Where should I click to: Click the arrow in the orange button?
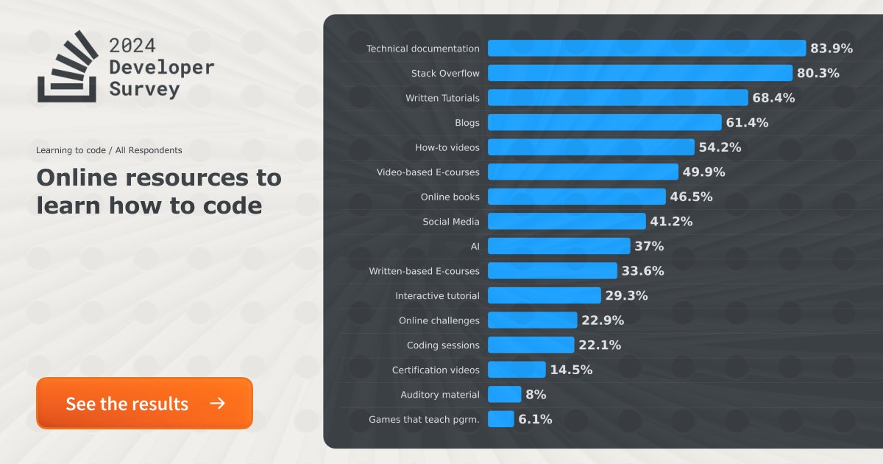click(x=217, y=404)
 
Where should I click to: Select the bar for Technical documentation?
click(x=646, y=49)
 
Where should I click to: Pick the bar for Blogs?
click(x=604, y=122)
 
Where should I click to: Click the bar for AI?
click(x=558, y=246)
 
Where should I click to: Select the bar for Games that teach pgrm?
click(x=500, y=419)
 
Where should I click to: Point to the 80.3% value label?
click(x=818, y=73)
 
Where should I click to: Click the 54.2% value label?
click(x=720, y=147)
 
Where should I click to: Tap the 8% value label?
click(x=536, y=395)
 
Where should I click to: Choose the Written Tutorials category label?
click(x=442, y=98)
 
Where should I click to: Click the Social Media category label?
click(x=450, y=222)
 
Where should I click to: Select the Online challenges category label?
click(x=439, y=320)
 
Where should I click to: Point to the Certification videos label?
click(x=436, y=370)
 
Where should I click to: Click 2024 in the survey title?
click(x=132, y=45)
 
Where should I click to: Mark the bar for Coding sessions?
click(x=531, y=345)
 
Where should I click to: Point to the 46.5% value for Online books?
click(x=691, y=197)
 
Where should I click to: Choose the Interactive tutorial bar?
click(x=544, y=295)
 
